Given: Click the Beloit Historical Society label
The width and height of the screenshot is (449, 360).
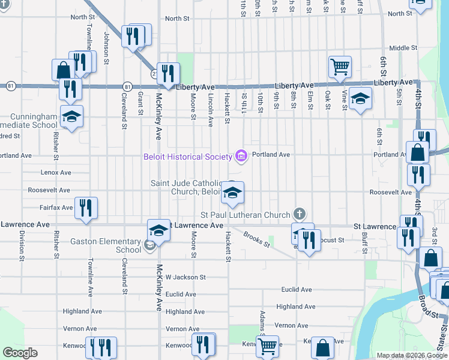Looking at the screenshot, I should tap(187, 157).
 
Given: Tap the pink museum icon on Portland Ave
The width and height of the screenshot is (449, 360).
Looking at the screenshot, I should tap(241, 157).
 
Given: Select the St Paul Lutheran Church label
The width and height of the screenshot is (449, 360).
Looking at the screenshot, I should tap(245, 215).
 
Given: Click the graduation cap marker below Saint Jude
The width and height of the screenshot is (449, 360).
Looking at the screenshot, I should tap(232, 193).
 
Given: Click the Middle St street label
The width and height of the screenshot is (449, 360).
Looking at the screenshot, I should tap(403, 48).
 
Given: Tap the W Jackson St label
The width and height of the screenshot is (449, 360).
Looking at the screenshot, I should tap(185, 277).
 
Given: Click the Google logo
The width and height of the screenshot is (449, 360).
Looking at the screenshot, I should tap(20, 353).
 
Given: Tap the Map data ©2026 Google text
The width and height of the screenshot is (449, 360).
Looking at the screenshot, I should tap(412, 355).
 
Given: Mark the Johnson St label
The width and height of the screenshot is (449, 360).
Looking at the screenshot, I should tap(106, 48).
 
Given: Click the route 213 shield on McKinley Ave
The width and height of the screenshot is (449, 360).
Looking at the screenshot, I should tap(154, 73).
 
